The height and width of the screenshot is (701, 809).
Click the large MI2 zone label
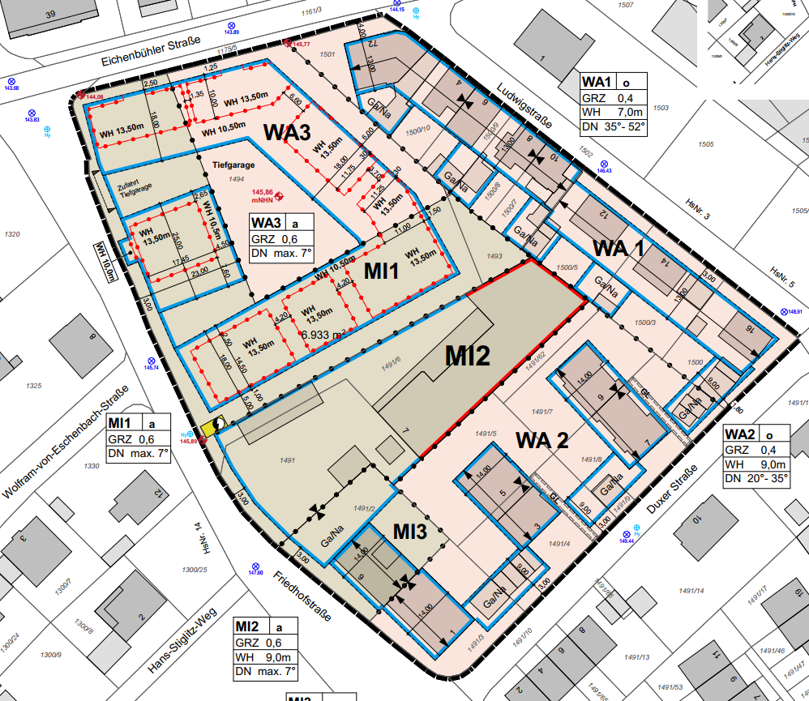467,355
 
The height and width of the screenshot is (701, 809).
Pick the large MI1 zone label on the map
380,271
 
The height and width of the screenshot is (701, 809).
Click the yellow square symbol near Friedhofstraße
217,426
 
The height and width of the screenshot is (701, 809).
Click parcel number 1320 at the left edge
11,234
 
